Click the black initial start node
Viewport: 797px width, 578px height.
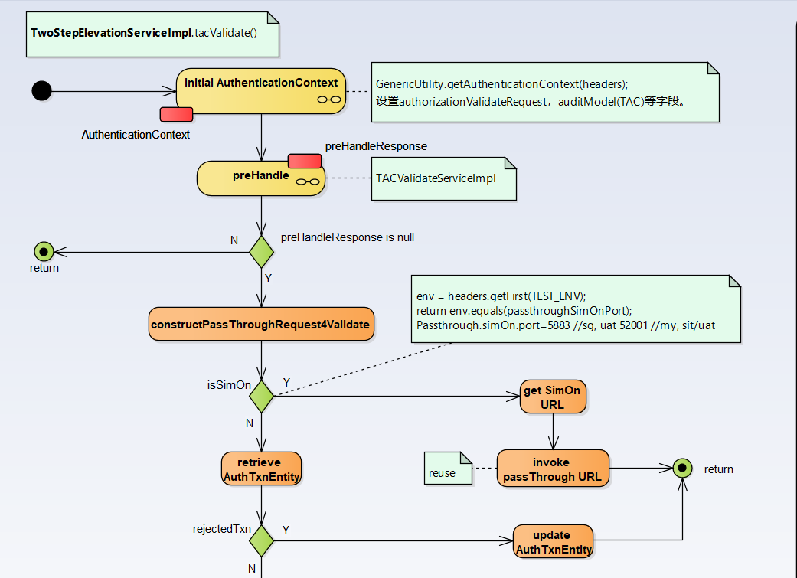[42, 91]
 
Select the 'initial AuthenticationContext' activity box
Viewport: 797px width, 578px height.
[260, 91]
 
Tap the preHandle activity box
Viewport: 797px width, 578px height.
[261, 178]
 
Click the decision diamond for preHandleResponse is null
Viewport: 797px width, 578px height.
[261, 251]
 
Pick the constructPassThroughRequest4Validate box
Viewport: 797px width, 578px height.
[261, 325]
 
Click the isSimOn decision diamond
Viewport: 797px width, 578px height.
[261, 396]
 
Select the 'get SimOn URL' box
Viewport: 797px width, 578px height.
[553, 397]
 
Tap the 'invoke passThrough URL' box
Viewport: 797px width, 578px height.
[553, 469]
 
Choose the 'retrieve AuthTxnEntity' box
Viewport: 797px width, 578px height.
[261, 469]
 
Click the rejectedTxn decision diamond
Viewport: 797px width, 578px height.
[261, 540]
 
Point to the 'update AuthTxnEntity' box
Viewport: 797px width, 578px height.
[553, 542]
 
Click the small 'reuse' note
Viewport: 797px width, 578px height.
[448, 469]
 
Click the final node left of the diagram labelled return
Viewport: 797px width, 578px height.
[44, 250]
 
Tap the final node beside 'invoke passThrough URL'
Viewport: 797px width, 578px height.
[681, 469]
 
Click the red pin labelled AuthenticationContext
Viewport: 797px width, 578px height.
[175, 115]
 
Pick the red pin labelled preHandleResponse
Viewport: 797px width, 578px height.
[304, 161]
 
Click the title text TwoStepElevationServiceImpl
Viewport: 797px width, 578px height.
[110, 34]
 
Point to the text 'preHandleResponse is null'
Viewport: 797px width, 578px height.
[347, 237]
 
